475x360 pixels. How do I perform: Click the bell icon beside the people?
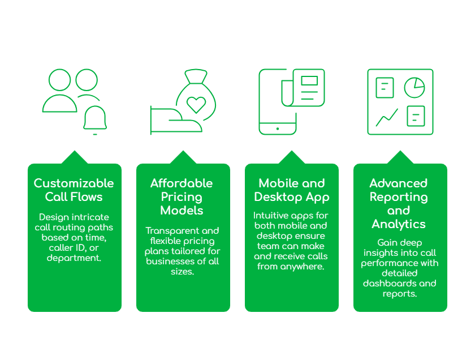point(95,119)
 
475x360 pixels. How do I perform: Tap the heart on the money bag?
point(196,104)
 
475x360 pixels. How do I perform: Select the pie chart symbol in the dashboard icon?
point(414,87)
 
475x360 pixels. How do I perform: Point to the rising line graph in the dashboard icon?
point(387,117)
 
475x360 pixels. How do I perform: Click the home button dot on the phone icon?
point(277,129)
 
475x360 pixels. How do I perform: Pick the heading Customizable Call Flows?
point(74,190)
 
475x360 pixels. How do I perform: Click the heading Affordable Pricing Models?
point(182,196)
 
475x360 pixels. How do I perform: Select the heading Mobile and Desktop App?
point(292,190)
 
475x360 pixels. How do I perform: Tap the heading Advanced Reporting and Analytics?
point(399,203)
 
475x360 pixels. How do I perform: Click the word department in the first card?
point(75,258)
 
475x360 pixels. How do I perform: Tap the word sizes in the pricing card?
point(182,271)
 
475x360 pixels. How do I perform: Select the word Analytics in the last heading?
point(399,224)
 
